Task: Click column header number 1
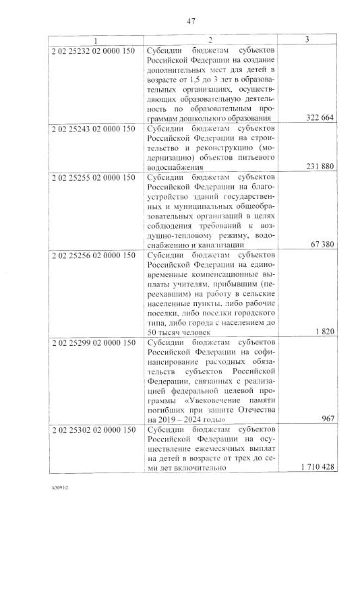pyautogui.click(x=95, y=40)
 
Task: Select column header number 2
pyautogui.click(x=210, y=40)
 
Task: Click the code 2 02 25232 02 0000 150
pyautogui.click(x=93, y=50)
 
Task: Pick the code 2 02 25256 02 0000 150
pyautogui.click(x=93, y=254)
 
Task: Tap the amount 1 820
pyautogui.click(x=326, y=332)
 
